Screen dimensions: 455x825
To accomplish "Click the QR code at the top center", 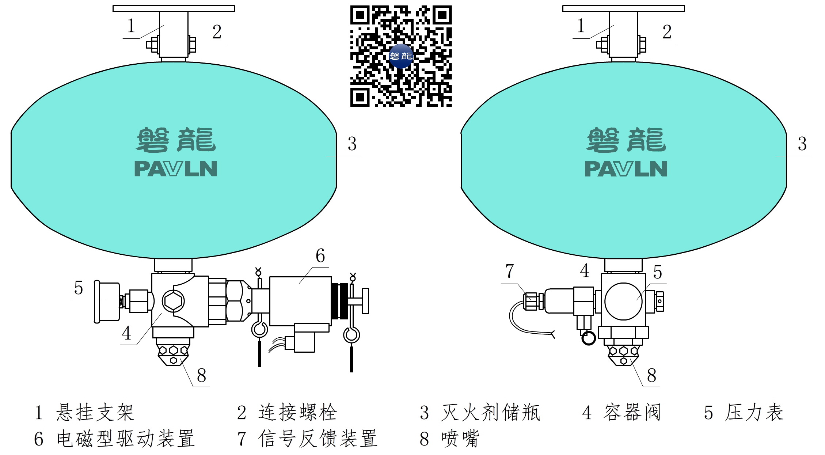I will [x=401, y=56].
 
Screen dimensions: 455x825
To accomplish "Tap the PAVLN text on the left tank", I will [x=176, y=169].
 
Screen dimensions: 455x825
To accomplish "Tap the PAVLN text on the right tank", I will [x=626, y=169].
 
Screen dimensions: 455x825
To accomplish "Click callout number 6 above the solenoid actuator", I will [x=320, y=256].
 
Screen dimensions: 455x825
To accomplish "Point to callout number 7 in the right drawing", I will [x=509, y=271].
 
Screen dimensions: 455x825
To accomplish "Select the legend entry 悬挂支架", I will [x=95, y=413].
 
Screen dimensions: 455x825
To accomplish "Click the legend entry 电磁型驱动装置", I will [x=125, y=438].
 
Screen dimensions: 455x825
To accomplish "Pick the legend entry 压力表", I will [x=754, y=413].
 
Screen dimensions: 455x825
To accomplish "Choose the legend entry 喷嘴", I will [x=460, y=438].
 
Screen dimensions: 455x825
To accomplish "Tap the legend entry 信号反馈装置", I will [x=317, y=438].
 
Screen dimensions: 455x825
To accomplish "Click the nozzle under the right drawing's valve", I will [x=624, y=352].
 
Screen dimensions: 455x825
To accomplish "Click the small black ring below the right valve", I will [x=588, y=338].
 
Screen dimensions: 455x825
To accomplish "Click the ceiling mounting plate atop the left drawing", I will [x=174, y=8].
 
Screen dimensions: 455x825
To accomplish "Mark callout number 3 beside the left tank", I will [x=352, y=144].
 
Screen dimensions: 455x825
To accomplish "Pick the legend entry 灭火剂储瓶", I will [x=490, y=413].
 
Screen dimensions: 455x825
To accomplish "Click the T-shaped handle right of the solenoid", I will [x=365, y=301].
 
